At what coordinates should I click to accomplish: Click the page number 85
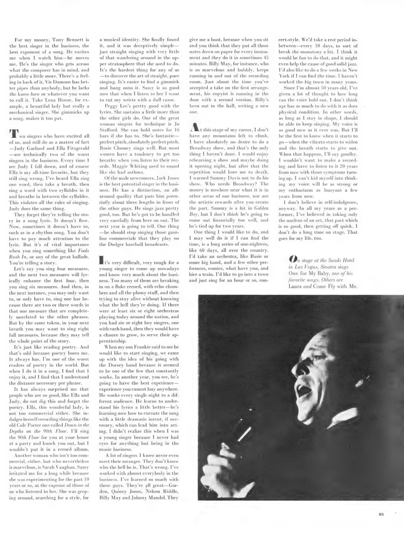[381, 515]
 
